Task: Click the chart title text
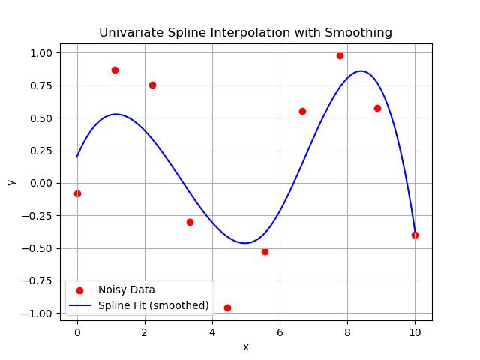pos(245,32)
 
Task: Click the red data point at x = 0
pos(77,193)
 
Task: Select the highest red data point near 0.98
pos(340,55)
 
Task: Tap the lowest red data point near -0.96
pos(227,307)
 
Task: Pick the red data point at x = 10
pos(415,235)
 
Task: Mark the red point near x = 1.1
pos(115,70)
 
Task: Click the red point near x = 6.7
pos(302,111)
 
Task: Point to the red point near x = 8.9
pos(377,108)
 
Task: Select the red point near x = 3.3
pos(190,222)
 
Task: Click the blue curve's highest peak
pos(361,71)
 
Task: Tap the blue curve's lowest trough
pos(244,243)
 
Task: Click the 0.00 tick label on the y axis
pos(41,183)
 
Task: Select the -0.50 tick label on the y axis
pos(38,248)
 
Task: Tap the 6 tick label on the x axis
pos(280,332)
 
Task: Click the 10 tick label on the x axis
pos(415,332)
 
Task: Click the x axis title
pos(245,346)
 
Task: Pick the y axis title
pos(11,183)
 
